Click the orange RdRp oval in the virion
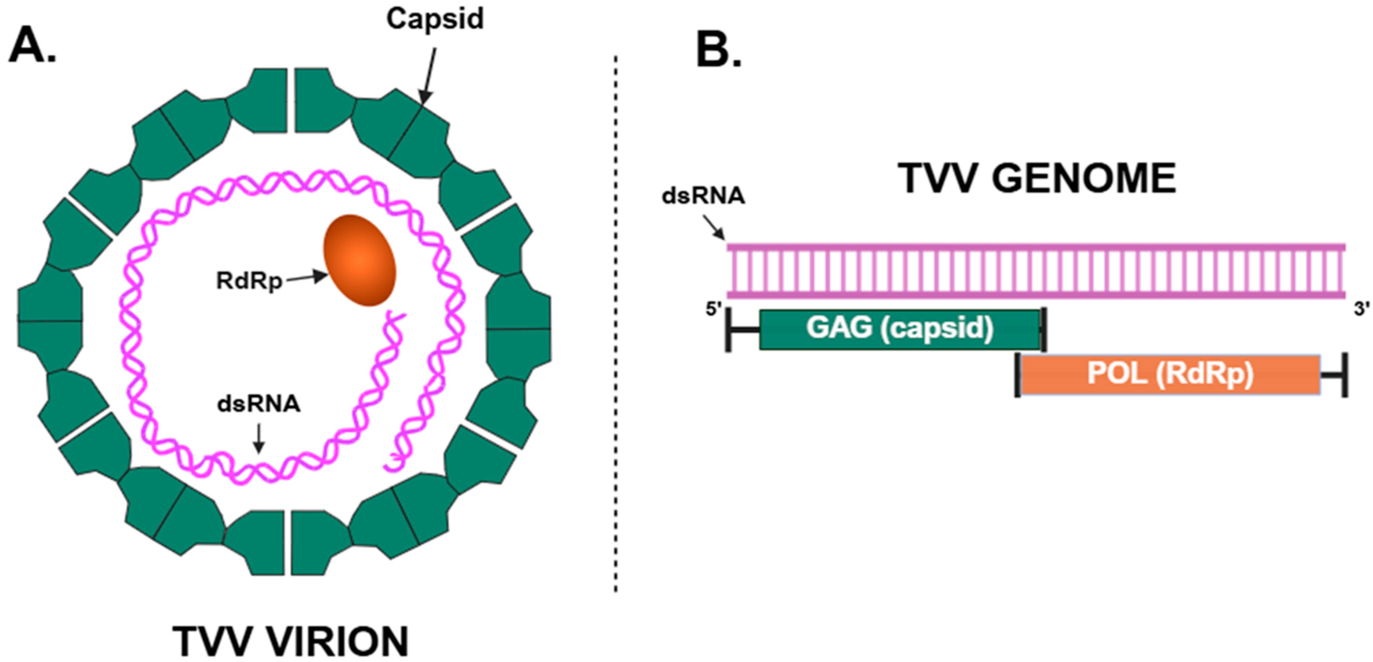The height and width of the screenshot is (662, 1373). pyautogui.click(x=360, y=260)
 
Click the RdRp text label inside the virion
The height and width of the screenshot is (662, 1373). pyautogui.click(x=249, y=281)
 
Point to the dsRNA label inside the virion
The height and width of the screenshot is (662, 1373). pyautogui.click(x=259, y=404)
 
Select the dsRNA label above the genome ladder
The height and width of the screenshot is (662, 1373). pyautogui.click(x=703, y=196)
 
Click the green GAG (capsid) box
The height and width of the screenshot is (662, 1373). pyautogui.click(x=899, y=329)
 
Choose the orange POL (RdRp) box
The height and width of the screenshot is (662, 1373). pyautogui.click(x=1170, y=374)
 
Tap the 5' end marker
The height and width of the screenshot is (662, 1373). pyautogui.click(x=713, y=309)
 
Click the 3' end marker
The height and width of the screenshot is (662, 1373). pyautogui.click(x=1362, y=309)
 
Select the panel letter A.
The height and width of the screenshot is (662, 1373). pyautogui.click(x=32, y=45)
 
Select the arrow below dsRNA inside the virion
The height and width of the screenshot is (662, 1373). pyautogui.click(x=259, y=438)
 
